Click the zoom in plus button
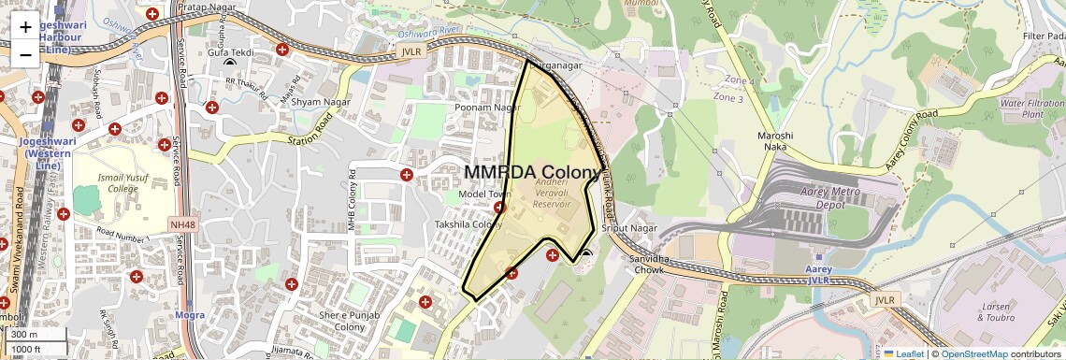(25, 27)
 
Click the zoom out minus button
(25, 54)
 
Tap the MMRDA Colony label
(532, 173)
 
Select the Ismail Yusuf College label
(122, 181)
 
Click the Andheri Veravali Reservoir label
(551, 194)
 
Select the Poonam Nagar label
(487, 108)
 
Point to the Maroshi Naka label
(774, 142)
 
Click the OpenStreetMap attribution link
(973, 353)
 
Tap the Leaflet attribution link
(903, 353)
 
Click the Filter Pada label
(1044, 36)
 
